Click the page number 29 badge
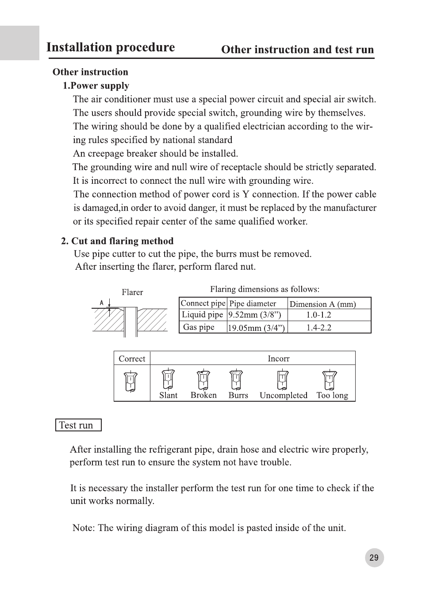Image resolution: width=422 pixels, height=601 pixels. [374, 558]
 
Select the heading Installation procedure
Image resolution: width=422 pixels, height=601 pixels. [111, 47]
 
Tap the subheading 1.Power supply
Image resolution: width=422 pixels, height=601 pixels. [96, 85]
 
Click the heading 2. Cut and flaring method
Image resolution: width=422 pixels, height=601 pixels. [117, 241]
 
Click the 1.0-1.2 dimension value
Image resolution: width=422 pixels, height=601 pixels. [318, 315]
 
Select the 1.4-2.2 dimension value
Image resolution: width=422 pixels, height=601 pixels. [318, 328]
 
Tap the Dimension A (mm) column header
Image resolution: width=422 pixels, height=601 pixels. [322, 304]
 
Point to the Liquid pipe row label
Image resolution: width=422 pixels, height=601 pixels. [203, 314]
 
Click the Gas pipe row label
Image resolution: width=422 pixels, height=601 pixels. [199, 327]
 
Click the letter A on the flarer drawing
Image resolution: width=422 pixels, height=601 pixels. [101, 303]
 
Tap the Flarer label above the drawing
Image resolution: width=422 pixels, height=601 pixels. [132, 292]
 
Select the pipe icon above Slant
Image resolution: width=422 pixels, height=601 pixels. [168, 380]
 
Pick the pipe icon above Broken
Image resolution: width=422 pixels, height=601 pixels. [203, 380]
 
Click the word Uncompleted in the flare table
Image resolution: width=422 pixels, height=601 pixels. [284, 395]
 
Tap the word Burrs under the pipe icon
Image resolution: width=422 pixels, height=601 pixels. [238, 395]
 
